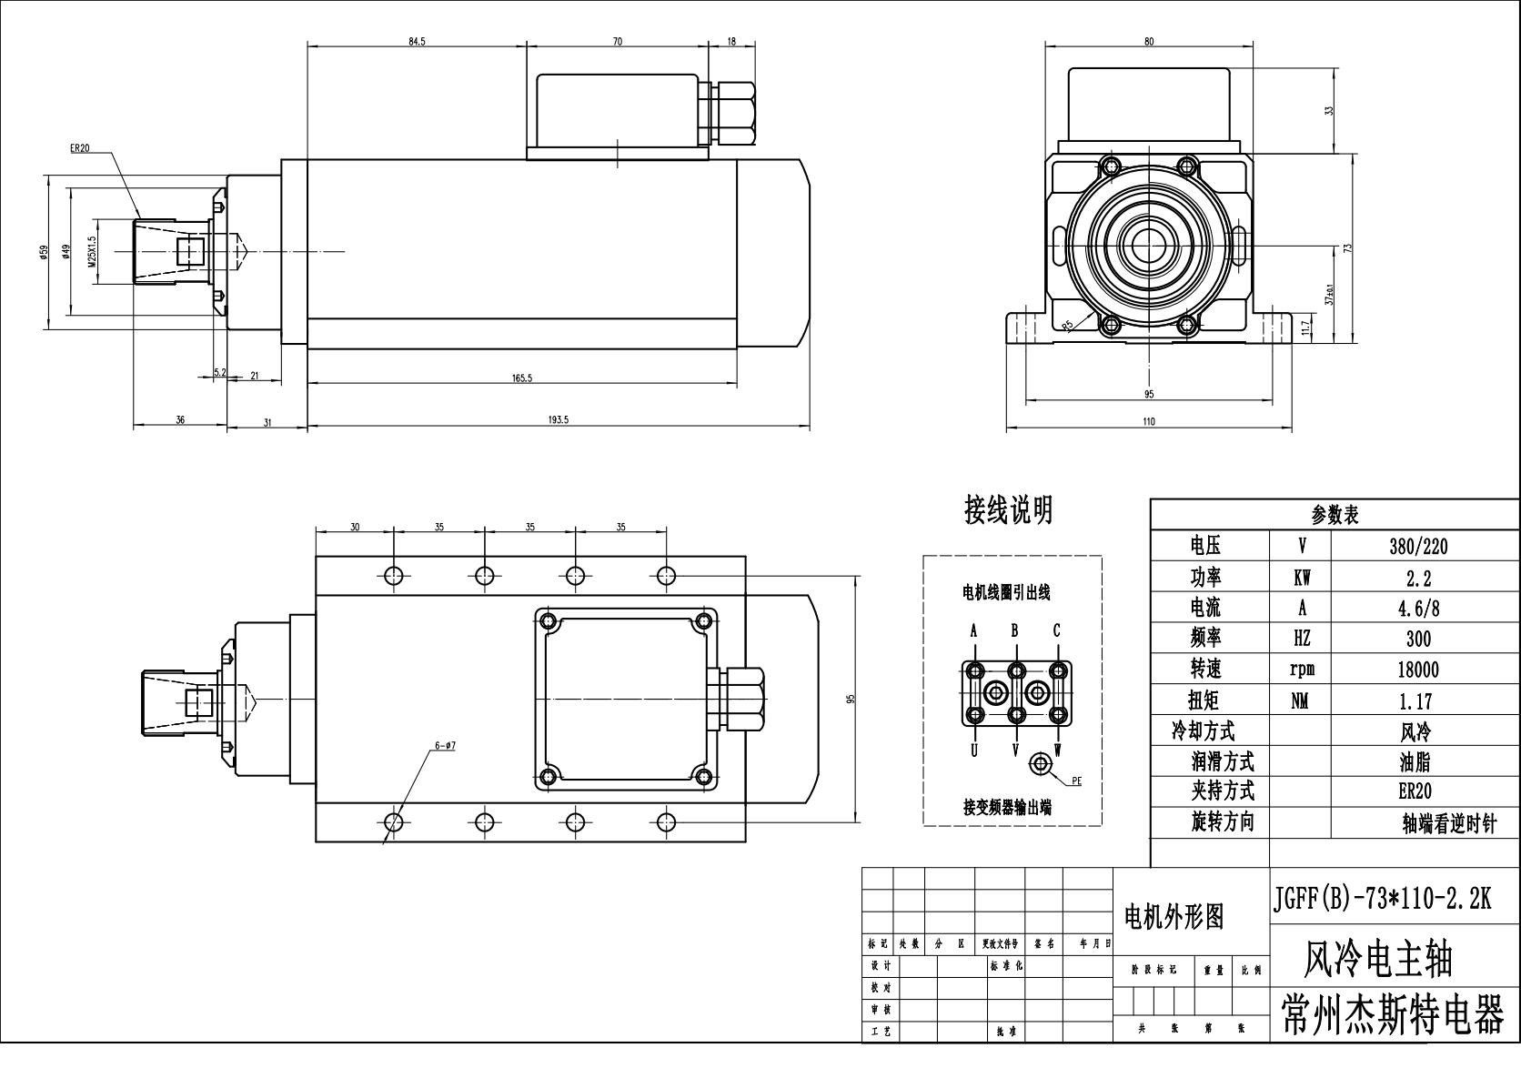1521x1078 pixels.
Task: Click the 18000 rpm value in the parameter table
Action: coord(1418,670)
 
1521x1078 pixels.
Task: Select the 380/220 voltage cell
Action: coord(1418,547)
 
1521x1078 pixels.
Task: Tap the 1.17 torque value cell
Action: coord(1418,701)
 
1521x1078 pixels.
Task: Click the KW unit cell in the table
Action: coord(1301,578)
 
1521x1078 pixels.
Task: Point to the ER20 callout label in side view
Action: coord(79,149)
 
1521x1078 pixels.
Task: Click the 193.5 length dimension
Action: coord(559,419)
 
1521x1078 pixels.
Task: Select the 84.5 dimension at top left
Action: coord(417,41)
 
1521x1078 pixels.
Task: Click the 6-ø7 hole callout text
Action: coord(445,745)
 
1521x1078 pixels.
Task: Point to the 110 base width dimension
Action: coord(1148,421)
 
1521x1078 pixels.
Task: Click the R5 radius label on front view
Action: coord(1068,324)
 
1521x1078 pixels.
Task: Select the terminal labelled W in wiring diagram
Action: coord(1058,750)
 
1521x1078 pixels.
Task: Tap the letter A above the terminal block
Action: coord(973,630)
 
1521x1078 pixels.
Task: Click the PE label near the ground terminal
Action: coord(1076,781)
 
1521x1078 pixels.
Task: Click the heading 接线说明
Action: coord(1008,509)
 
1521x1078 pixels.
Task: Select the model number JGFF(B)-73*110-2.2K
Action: coord(1381,899)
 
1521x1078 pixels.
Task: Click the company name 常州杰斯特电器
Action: coord(1393,1015)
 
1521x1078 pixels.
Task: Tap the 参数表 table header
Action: coord(1335,515)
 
